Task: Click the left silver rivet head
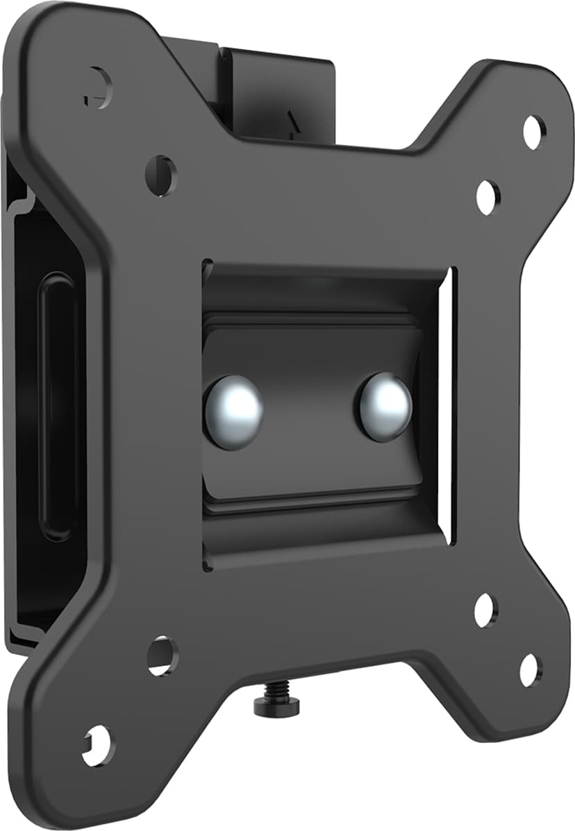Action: pyautogui.click(x=233, y=412)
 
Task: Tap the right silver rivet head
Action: pyautogui.click(x=383, y=406)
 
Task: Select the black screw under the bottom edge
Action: pyautogui.click(x=277, y=703)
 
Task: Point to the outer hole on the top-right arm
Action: pyautogui.click(x=534, y=132)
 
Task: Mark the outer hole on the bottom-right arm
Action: pyautogui.click(x=531, y=669)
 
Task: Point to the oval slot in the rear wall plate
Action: pyautogui.click(x=56, y=406)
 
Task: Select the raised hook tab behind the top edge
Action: pyautogui.click(x=278, y=90)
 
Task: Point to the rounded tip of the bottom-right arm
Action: pyautogui.click(x=545, y=714)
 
